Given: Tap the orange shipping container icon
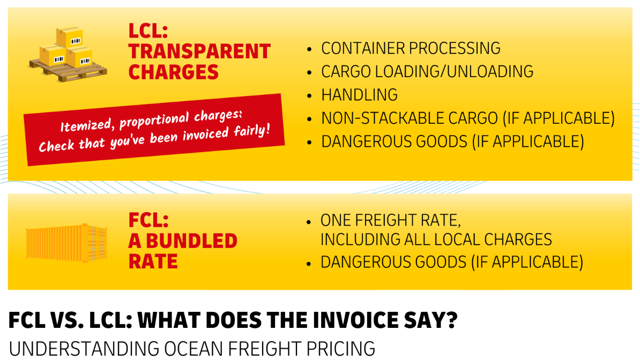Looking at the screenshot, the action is coord(66,243).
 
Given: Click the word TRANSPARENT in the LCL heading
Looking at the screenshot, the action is coord(199,51).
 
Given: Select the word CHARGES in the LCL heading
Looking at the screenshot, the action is coord(174,72).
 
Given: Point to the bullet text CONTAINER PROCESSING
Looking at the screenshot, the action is coord(411,48).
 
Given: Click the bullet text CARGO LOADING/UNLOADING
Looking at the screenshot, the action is coord(427,71).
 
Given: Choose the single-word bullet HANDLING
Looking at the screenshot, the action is coord(359,95).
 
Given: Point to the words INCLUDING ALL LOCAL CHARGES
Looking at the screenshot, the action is coord(436,239).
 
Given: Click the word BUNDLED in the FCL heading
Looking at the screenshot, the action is coord(191,241).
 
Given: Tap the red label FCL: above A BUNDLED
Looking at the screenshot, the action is coord(148,220).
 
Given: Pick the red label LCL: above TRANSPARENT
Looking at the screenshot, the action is coord(148,31).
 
